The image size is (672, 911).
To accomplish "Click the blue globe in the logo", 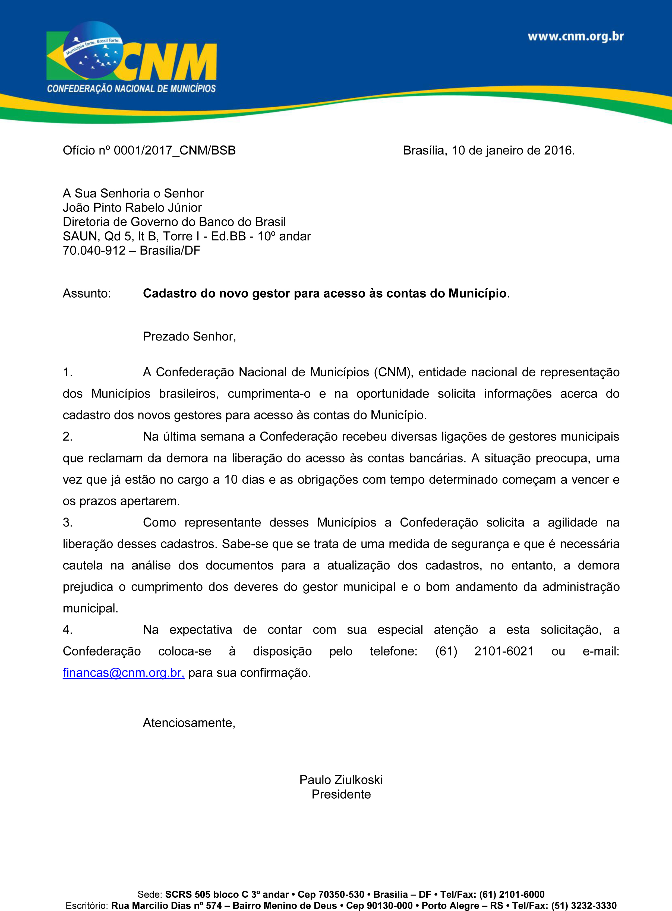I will coord(94,51).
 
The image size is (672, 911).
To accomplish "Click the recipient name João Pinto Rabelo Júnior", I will coord(132,207).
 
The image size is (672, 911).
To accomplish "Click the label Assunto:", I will coord(87,293).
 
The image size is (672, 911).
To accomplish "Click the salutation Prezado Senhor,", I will coord(189,336).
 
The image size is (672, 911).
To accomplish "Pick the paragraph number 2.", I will coord(68,437).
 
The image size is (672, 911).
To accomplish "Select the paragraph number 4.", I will coord(68,630).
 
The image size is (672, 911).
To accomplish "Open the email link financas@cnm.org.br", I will coord(123,673).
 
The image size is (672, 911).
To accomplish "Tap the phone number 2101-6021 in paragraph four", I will coord(504,651).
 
